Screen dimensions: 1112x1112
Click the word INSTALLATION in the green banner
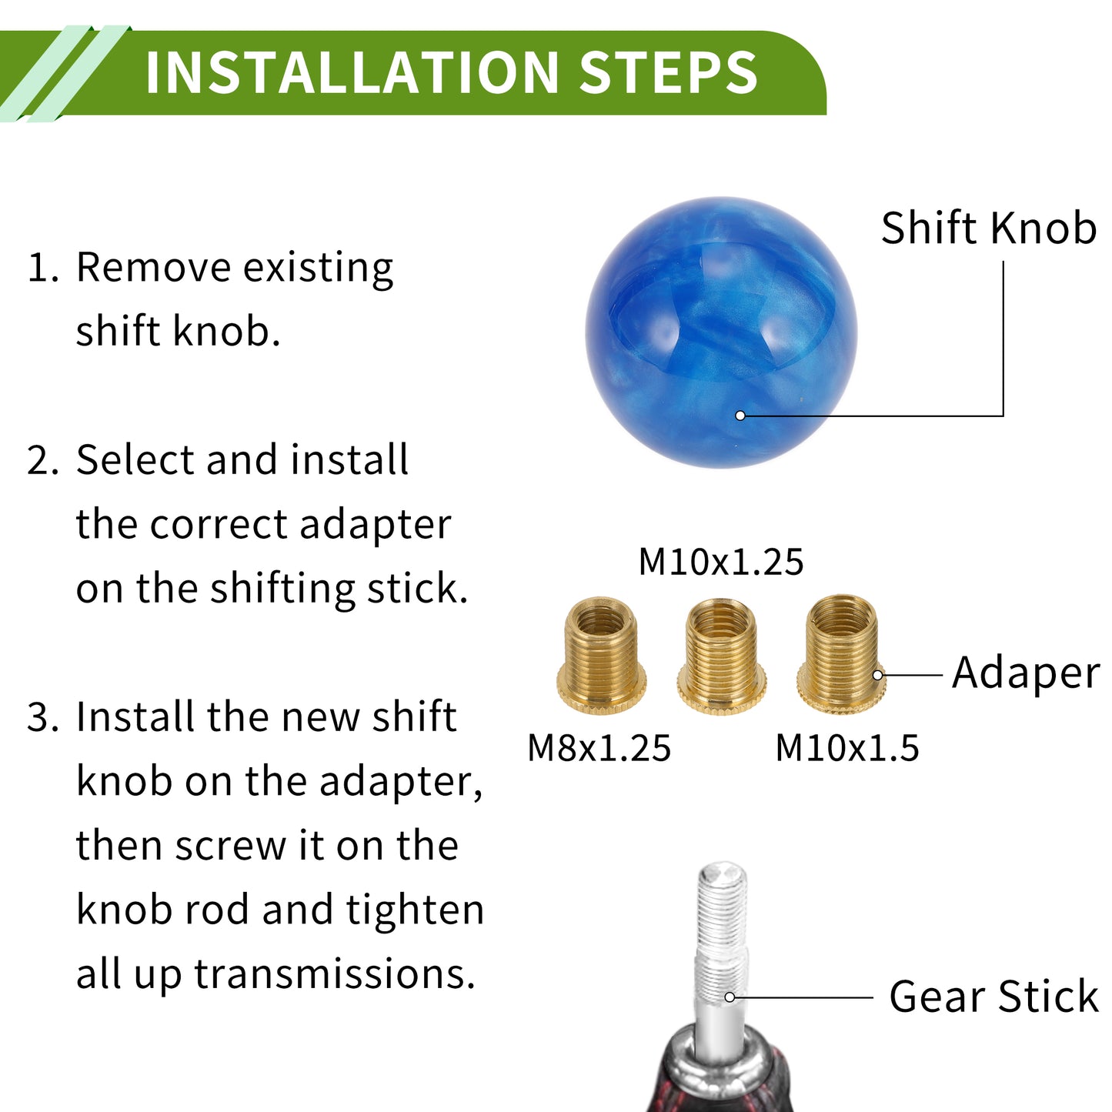tap(352, 72)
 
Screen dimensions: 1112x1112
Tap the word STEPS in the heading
tap(668, 72)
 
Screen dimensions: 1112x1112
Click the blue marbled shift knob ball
tap(721, 332)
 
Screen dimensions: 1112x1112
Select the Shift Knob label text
tap(988, 228)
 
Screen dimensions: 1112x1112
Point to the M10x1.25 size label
tap(721, 562)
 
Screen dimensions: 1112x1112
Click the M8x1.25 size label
tap(599, 748)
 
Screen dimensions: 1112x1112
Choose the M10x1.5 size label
tap(847, 748)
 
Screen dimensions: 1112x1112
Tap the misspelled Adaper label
tap(1026, 674)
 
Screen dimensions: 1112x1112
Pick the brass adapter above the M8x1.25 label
tap(601, 656)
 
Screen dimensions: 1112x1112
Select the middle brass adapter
tap(721, 656)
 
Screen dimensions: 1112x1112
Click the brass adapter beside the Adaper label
tap(841, 654)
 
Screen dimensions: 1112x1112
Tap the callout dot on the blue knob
tap(740, 416)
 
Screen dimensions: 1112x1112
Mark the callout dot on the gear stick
tap(730, 997)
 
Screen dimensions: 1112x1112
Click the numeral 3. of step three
tap(43, 716)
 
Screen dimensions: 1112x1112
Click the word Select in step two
tap(135, 460)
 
